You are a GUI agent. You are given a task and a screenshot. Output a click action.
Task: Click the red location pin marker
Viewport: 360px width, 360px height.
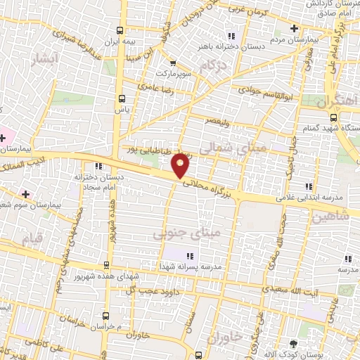(x=181, y=165)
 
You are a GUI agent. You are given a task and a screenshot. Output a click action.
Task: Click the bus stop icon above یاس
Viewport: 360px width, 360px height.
(x=122, y=98)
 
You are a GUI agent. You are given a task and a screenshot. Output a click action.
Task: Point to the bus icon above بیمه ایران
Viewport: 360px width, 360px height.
(x=122, y=30)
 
